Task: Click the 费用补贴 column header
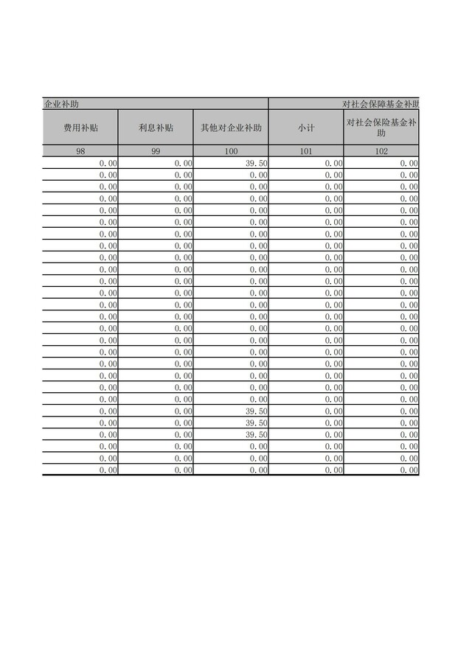tap(80, 128)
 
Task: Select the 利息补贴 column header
tap(156, 128)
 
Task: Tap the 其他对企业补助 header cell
tap(231, 128)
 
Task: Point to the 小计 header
tap(306, 128)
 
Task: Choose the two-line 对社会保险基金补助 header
tap(381, 128)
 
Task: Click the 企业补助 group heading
tap(61, 104)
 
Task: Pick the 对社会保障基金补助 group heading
tap(381, 104)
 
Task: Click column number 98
tap(80, 151)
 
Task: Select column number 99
tap(156, 151)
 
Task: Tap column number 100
tap(231, 151)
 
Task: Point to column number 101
tap(306, 151)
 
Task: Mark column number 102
tap(381, 151)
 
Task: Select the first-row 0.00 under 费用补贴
tap(108, 163)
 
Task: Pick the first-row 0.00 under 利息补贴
tap(183, 163)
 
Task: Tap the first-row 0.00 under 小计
tap(333, 163)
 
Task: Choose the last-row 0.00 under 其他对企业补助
tap(257, 470)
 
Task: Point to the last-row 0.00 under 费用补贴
tap(108, 470)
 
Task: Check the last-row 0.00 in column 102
tap(409, 470)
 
